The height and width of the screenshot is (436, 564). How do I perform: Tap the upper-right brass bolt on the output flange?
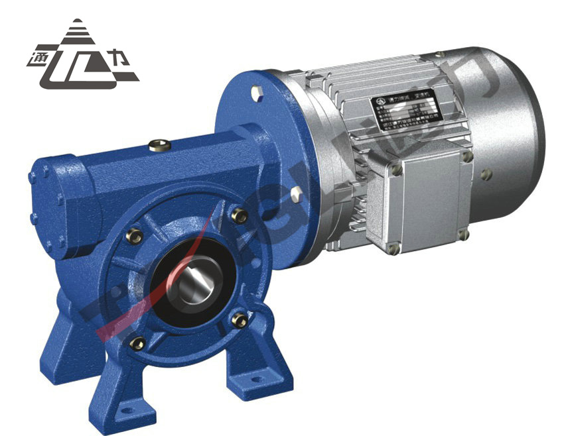tap(240, 215)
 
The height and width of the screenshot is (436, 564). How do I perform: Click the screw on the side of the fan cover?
tap(488, 174)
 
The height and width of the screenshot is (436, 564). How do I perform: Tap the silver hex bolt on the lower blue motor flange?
tap(296, 193)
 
